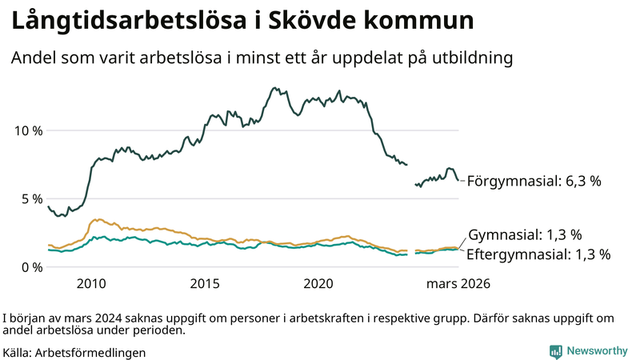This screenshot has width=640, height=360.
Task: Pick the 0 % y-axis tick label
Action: pos(30,267)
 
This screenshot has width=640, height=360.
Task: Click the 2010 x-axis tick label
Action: pos(91,284)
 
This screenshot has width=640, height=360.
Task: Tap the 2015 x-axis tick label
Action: pos(206,284)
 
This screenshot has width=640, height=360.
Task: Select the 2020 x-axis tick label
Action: pos(319,284)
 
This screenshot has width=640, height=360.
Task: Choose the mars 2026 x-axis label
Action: pos(458,284)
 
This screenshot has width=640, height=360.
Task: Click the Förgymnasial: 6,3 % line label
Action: pos(534,181)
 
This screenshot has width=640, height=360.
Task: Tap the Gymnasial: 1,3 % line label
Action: pos(524,235)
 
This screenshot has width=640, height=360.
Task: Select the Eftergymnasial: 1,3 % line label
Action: pos(538,254)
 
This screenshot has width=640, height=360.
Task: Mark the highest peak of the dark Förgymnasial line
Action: pos(276,87)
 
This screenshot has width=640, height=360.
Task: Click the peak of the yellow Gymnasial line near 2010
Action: pos(97,219)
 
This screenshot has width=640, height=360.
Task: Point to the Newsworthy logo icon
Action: pos(555,351)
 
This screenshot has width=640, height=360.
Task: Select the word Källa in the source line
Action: pos(18,352)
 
